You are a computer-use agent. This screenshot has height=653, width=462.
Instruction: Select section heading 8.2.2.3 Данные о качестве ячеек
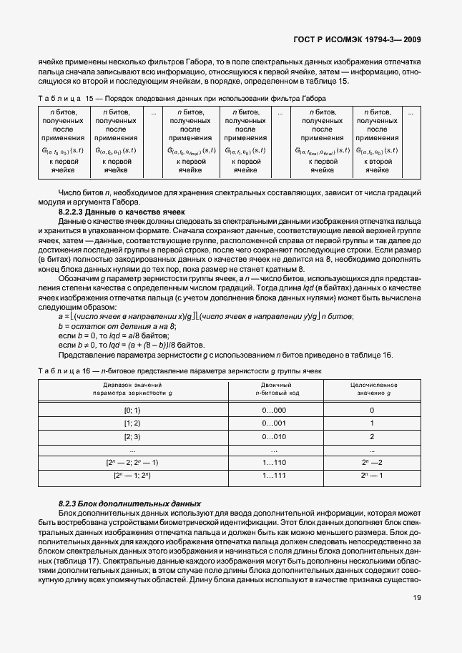(x=121, y=212)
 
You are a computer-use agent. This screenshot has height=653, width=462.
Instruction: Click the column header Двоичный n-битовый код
(x=275, y=389)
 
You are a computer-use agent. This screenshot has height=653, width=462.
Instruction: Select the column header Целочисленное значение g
(x=372, y=389)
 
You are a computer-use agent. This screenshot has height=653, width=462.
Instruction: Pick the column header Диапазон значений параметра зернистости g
(x=133, y=389)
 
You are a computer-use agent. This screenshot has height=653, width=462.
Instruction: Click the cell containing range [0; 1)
(x=133, y=410)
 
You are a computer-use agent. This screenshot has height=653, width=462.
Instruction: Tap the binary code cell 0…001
(x=275, y=423)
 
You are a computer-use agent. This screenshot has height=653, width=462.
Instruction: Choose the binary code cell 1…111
(x=275, y=475)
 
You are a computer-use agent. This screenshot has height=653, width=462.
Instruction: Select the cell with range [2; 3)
(x=133, y=436)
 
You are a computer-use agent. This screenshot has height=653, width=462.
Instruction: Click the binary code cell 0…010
(x=275, y=436)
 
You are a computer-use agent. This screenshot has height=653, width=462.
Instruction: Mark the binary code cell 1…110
(x=275, y=463)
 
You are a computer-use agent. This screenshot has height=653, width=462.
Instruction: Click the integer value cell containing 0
(x=372, y=410)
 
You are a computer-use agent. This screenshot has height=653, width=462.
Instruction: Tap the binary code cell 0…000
(x=275, y=410)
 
